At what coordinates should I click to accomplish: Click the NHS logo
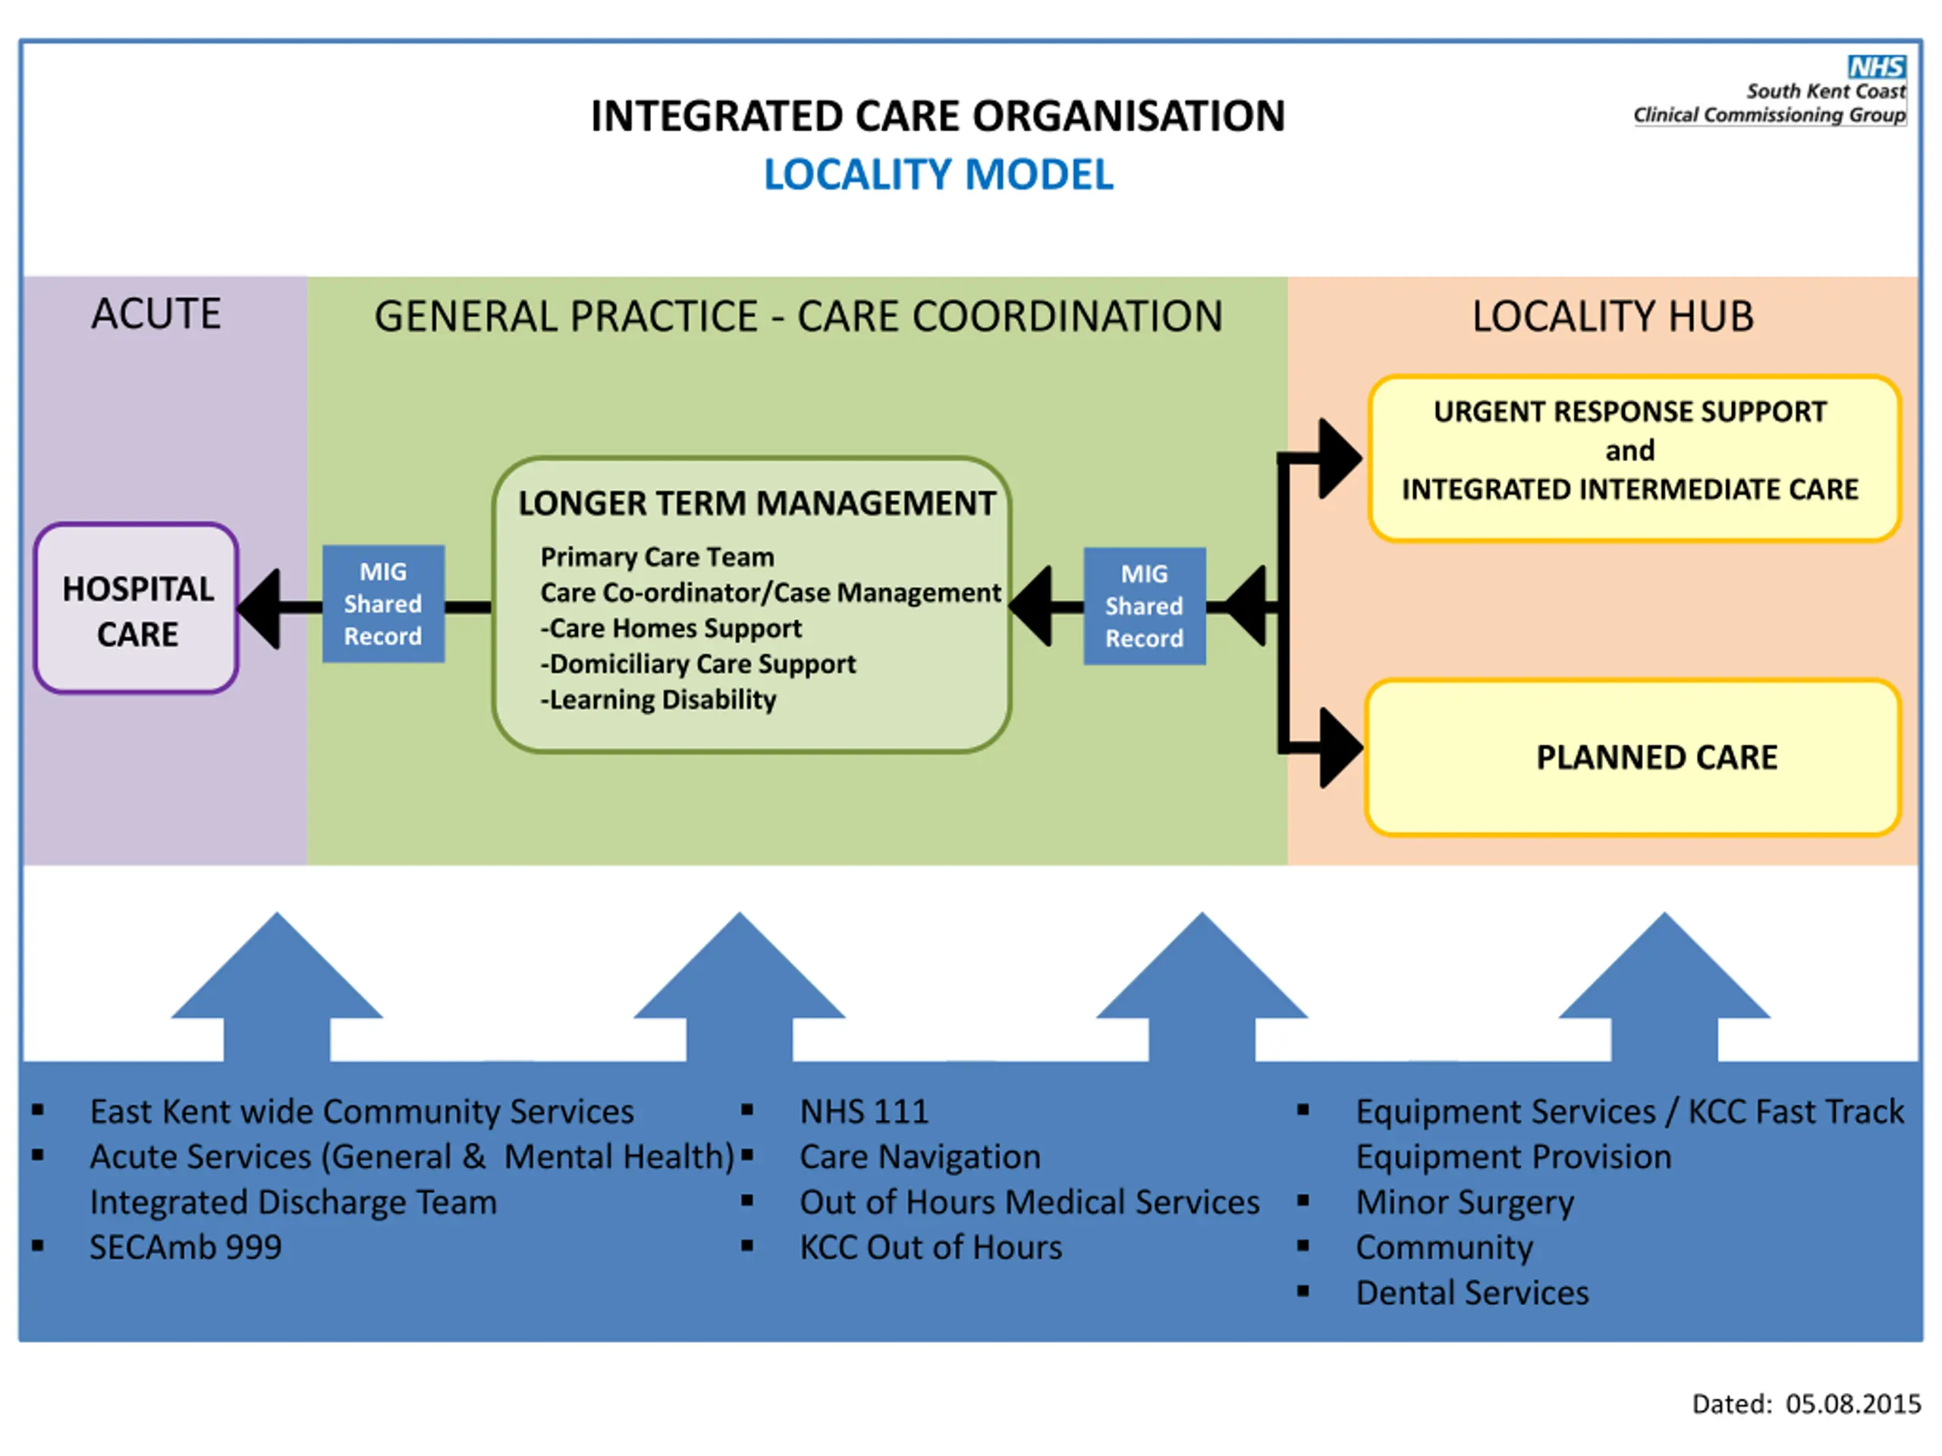pos(1877,67)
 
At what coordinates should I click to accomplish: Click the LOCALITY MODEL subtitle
pos(938,174)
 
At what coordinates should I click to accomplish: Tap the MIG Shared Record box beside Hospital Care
pos(384,604)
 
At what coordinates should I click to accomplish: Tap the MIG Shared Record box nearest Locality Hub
pos(1145,607)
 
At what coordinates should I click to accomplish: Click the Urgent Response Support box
pos(1635,458)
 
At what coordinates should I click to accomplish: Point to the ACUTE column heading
pos(156,313)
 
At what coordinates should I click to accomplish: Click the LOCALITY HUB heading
pos(1613,316)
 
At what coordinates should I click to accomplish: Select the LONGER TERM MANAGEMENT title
pos(757,503)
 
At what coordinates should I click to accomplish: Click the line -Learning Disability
pos(658,699)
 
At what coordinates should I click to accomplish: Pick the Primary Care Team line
pos(658,557)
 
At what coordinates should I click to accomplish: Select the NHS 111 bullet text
pos(864,1111)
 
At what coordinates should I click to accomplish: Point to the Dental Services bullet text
pos(1472,1293)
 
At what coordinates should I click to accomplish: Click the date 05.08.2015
pos(1853,1404)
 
